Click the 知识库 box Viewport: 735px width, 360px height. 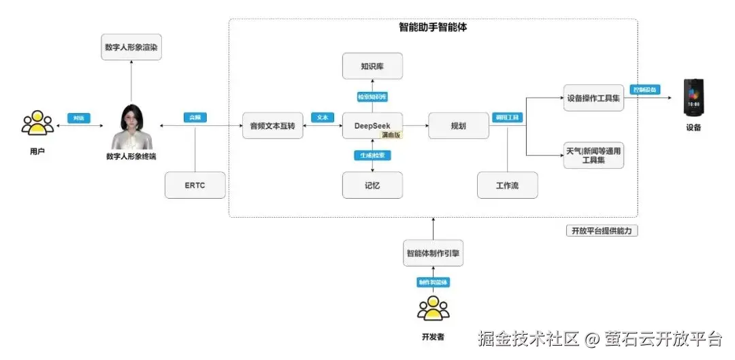click(x=372, y=66)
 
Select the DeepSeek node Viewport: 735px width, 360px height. click(x=372, y=126)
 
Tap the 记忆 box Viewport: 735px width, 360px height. click(x=372, y=185)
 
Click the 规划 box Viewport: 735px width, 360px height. click(x=458, y=126)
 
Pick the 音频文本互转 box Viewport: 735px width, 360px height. click(x=272, y=126)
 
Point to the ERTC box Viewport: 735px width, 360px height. click(x=195, y=185)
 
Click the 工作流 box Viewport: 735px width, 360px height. click(x=507, y=185)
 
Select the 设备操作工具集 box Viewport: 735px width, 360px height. click(x=593, y=98)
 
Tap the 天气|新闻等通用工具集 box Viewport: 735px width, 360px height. click(x=593, y=155)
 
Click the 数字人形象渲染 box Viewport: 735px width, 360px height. click(x=131, y=47)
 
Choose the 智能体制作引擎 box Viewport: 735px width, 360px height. click(x=434, y=252)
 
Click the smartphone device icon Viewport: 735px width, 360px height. click(x=693, y=98)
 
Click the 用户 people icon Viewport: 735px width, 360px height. click(x=37, y=123)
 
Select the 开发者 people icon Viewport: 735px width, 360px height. click(x=433, y=309)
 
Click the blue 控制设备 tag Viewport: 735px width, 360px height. click(x=645, y=90)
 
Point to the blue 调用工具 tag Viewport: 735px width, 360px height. click(x=506, y=118)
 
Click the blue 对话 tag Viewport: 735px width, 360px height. click(x=79, y=118)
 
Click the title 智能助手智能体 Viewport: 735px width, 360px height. click(x=433, y=28)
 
